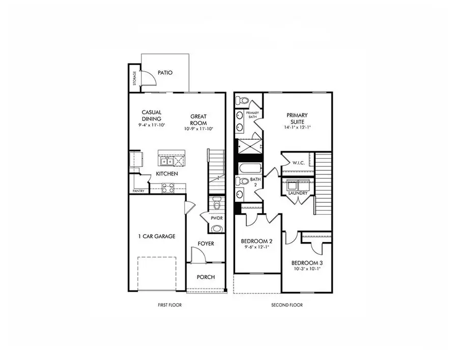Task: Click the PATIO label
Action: (x=165, y=73)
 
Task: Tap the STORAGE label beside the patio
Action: (x=134, y=79)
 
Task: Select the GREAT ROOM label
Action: (x=198, y=119)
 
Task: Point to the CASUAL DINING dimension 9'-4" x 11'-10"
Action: (x=151, y=125)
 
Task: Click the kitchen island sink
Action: (x=166, y=162)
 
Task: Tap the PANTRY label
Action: (x=138, y=191)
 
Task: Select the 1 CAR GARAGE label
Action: (x=157, y=236)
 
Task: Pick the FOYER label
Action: (x=206, y=244)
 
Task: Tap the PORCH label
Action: (x=206, y=277)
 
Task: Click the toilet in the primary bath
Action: (x=242, y=100)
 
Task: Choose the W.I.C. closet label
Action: (x=298, y=163)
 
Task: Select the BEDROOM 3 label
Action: (x=307, y=263)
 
